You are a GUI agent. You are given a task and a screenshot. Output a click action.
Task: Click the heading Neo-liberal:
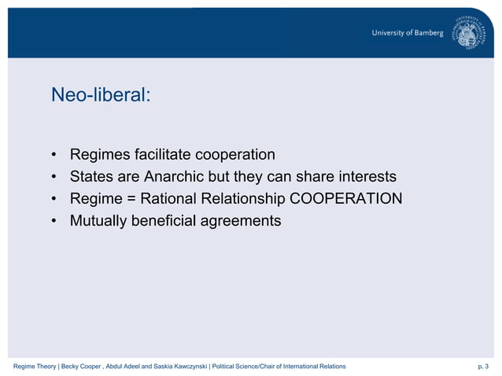coord(99,95)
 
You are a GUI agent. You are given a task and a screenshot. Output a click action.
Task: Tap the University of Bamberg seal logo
coord(470,34)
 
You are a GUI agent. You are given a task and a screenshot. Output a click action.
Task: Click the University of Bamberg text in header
coord(408,33)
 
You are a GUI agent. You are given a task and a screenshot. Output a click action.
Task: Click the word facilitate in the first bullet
coord(162,153)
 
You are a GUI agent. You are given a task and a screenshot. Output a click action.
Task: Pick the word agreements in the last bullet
coord(242,221)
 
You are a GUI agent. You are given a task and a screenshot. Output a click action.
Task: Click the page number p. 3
coord(482,367)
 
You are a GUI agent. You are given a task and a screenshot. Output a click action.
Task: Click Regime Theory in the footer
coord(35,367)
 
